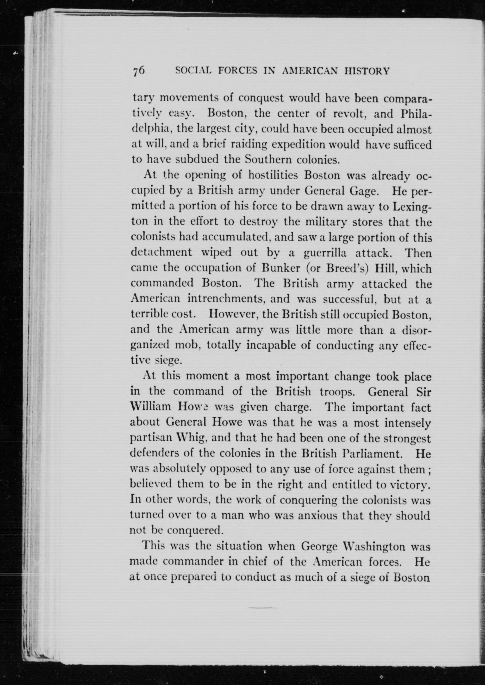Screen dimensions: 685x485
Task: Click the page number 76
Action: (x=139, y=71)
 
